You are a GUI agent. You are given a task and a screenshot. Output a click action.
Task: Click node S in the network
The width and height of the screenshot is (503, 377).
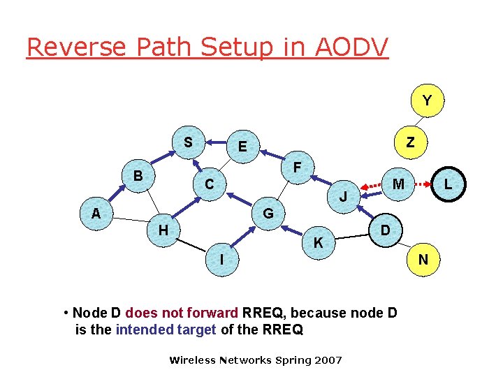[x=188, y=142]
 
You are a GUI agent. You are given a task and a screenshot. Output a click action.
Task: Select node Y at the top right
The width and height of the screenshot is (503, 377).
[x=426, y=101]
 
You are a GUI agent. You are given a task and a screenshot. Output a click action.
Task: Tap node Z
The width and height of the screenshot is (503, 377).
[x=410, y=142]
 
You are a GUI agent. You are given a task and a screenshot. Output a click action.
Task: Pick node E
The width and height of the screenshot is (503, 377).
[x=242, y=147]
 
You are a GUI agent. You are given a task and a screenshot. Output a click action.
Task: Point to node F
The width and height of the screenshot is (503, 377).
[x=297, y=168]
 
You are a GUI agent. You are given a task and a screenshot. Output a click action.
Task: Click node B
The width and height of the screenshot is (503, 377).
[x=138, y=175]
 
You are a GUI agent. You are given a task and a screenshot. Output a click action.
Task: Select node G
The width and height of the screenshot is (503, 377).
[x=268, y=213]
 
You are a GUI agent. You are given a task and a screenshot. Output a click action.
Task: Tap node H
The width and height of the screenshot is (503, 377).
[x=162, y=229]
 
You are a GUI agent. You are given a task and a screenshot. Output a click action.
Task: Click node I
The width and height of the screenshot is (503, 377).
[x=221, y=260]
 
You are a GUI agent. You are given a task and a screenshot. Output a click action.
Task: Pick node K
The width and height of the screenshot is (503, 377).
[x=318, y=243]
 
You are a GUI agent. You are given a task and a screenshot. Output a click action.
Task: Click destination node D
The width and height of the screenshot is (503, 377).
[x=384, y=230]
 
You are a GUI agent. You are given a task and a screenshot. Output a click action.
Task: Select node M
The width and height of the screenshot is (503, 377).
[x=398, y=184]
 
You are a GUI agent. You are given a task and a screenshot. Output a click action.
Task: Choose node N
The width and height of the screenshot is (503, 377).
[x=423, y=260]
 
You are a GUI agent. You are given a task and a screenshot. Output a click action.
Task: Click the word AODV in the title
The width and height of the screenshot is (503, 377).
[x=345, y=47]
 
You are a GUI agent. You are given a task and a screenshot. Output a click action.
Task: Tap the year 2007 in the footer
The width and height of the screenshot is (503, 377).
[x=328, y=360]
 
